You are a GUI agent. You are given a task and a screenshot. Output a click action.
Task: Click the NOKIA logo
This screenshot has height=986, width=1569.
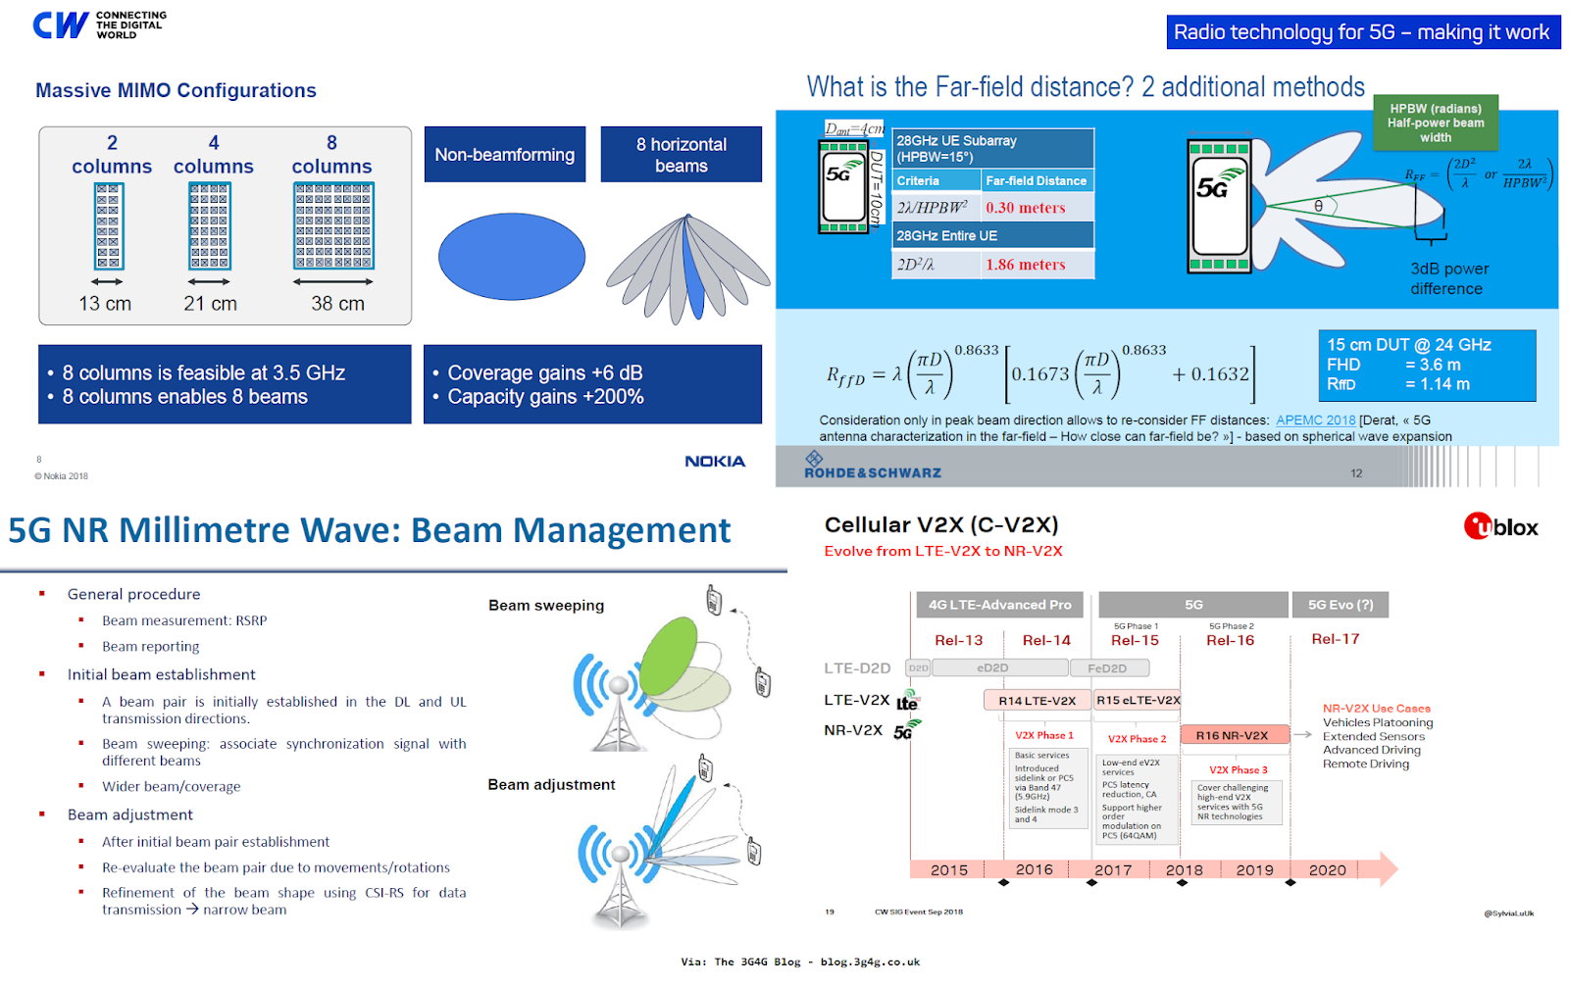(715, 462)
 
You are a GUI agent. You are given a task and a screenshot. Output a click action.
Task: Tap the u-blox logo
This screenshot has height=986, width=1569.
(1500, 527)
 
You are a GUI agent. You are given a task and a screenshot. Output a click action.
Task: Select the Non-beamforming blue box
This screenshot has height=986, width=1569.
(504, 155)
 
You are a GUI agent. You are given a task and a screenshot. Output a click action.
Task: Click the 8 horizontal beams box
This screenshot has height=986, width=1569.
(681, 155)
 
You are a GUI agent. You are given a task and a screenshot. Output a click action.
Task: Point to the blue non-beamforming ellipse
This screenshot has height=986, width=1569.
(511, 257)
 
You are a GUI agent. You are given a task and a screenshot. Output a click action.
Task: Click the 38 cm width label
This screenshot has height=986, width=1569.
(337, 304)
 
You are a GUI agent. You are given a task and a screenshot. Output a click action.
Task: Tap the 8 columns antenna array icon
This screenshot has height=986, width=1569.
(333, 226)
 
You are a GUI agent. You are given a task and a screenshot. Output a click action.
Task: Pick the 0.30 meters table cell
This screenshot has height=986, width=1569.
(1026, 208)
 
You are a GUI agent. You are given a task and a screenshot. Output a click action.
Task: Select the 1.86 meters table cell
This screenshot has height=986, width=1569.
(1026, 265)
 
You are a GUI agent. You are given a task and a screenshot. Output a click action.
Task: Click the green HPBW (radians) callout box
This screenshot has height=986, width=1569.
(1435, 123)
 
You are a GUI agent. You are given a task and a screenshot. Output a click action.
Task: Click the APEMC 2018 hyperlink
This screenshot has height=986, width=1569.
(1315, 420)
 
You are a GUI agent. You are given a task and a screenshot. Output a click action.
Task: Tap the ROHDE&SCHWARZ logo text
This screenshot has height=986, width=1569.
(872, 472)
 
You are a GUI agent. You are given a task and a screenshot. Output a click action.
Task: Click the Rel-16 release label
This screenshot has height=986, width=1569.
(1230, 640)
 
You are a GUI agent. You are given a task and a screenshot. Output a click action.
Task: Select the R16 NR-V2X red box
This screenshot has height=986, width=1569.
(1232, 735)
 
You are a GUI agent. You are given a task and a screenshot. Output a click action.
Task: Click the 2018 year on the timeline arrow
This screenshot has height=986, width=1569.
(1184, 869)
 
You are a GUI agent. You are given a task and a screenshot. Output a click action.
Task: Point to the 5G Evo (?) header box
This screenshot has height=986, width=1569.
(1340, 605)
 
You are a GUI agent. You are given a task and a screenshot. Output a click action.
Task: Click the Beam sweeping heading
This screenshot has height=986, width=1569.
(546, 606)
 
